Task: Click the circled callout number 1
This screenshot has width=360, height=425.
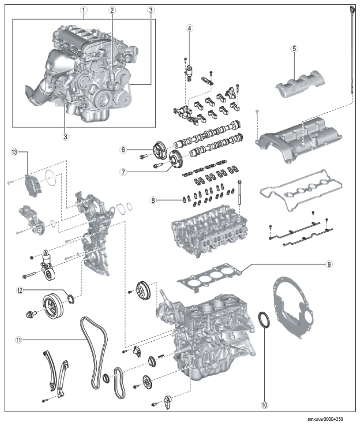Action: [x=83, y=10]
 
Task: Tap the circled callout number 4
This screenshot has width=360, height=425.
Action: [x=190, y=28]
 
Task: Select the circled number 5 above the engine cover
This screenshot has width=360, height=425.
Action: [x=294, y=49]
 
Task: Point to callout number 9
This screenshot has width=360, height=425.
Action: [x=329, y=264]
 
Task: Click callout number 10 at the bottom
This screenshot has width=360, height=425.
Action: [x=264, y=405]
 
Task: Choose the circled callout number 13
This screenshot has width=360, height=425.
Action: [x=14, y=152]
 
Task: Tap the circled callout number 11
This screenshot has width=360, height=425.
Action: [x=19, y=340]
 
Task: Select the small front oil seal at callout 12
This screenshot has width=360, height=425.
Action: [x=71, y=299]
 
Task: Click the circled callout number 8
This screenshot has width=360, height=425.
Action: [x=153, y=200]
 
